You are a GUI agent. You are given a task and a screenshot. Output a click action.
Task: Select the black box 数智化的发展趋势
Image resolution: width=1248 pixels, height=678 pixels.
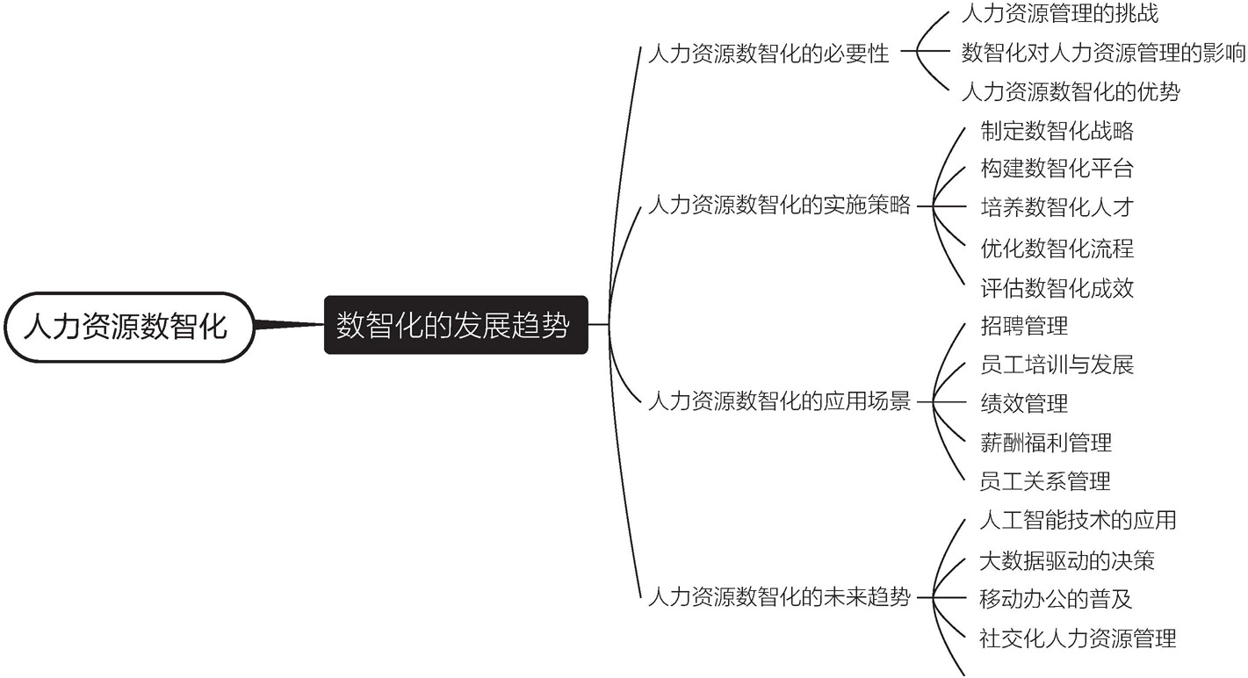pyautogui.click(x=456, y=325)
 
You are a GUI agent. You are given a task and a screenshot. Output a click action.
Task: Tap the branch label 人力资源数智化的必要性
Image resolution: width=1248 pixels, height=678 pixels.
pyautogui.click(x=768, y=54)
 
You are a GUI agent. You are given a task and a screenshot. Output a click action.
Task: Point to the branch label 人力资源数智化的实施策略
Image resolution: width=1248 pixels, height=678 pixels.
pyautogui.click(x=779, y=205)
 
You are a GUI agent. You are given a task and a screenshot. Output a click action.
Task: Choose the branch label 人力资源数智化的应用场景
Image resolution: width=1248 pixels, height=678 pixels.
pyautogui.click(x=779, y=400)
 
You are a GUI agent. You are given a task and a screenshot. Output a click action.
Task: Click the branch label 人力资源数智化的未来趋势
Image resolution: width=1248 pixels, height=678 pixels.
pyautogui.click(x=779, y=596)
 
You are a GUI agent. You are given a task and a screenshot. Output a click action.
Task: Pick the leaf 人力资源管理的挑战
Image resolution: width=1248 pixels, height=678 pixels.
pyautogui.click(x=1060, y=13)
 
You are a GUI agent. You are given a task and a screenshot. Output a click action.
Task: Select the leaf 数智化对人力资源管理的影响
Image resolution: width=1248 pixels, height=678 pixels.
pyautogui.click(x=1103, y=53)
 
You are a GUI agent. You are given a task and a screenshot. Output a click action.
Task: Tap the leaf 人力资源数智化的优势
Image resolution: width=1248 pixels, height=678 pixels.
pyautogui.click(x=1071, y=91)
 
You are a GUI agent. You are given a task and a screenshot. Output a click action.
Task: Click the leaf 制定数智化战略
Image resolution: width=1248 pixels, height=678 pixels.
pyautogui.click(x=1057, y=130)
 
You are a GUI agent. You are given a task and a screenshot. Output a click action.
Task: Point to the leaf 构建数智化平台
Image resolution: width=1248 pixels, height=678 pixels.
pyautogui.click(x=1057, y=169)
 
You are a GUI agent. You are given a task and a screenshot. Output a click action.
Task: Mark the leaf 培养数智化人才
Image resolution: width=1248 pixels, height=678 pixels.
pyautogui.click(x=1057, y=207)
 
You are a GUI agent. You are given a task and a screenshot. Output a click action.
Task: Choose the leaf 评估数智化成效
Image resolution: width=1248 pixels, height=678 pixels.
pyautogui.click(x=1057, y=288)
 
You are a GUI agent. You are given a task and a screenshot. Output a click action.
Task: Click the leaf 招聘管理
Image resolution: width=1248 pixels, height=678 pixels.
pyautogui.click(x=1024, y=326)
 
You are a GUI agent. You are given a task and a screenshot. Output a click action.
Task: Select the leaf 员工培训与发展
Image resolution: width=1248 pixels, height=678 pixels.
pyautogui.click(x=1057, y=364)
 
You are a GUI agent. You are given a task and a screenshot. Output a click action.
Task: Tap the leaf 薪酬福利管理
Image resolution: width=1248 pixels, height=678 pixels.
pyautogui.click(x=1046, y=443)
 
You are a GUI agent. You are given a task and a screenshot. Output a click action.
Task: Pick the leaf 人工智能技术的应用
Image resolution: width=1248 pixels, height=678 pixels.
pyautogui.click(x=1078, y=520)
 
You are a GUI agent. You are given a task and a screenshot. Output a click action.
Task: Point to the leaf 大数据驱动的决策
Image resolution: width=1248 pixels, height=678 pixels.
pyautogui.click(x=1067, y=560)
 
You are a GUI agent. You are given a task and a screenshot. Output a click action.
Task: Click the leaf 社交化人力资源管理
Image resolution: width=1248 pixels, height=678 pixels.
pyautogui.click(x=1078, y=638)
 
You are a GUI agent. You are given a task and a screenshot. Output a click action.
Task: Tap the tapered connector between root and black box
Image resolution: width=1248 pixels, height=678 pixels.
pyautogui.click(x=289, y=324)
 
